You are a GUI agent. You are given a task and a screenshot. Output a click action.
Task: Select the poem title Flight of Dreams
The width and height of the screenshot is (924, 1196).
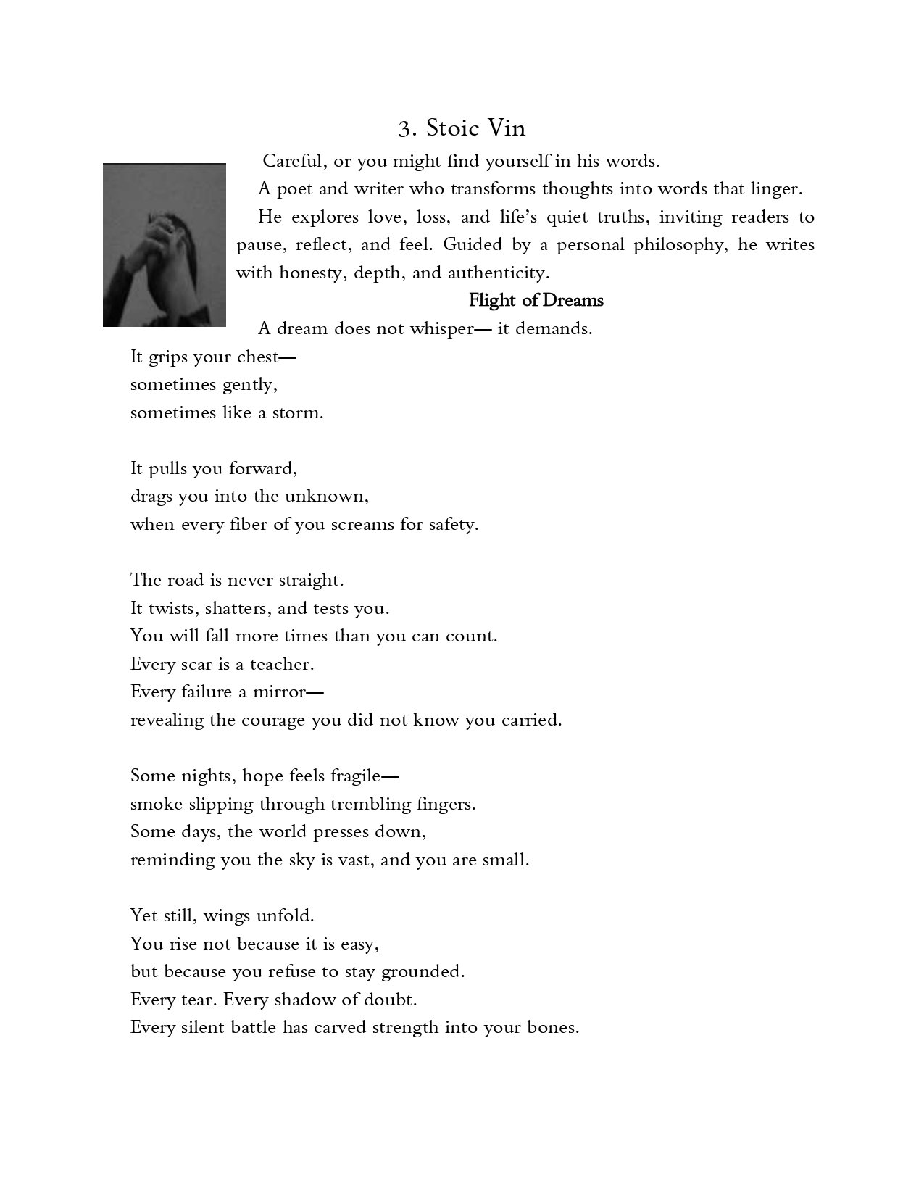536,300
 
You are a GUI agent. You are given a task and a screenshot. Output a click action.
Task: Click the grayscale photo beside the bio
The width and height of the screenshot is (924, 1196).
164,245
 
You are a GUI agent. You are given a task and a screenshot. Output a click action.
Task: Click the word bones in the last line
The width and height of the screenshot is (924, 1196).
556,1027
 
